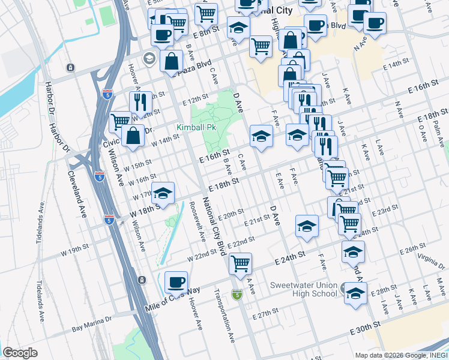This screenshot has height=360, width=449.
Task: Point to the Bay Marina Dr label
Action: click(92, 325)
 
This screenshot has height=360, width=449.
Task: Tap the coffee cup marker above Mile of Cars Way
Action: click(176, 281)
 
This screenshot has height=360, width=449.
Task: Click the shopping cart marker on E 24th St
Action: click(240, 263)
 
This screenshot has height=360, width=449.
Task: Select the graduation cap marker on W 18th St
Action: click(163, 193)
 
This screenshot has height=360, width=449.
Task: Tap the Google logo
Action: click(19, 353)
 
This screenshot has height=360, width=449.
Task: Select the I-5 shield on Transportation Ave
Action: click(238, 295)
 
